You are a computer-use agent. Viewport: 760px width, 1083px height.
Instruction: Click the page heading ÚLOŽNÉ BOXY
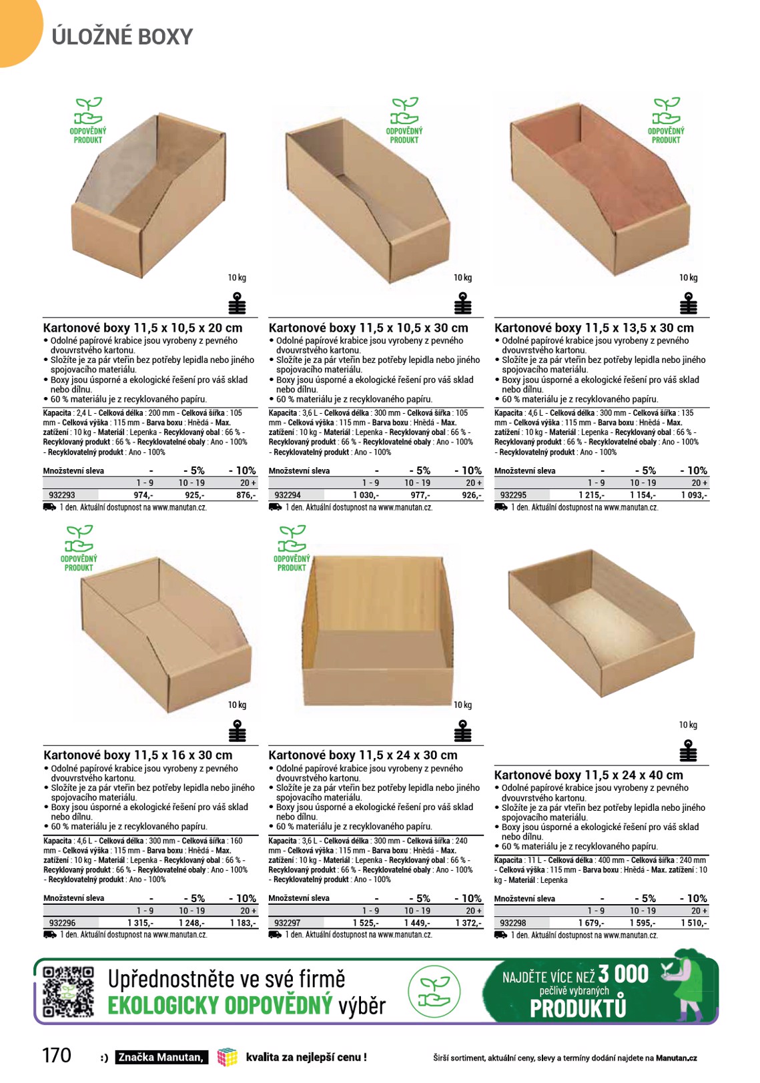point(122,37)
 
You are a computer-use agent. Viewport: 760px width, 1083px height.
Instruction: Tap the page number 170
point(57,1055)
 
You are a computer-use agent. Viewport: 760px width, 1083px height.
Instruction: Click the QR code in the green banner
point(68,991)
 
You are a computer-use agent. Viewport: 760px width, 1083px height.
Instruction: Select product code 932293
point(62,495)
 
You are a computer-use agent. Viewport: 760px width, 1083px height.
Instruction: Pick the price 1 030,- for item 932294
point(366,495)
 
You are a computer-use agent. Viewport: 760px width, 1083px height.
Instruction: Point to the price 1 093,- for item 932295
point(694,495)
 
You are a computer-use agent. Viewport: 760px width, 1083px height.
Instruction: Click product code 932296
point(62,923)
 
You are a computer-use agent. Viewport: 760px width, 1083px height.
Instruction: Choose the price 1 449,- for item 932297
point(417,923)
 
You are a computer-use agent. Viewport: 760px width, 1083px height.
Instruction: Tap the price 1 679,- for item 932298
point(591,923)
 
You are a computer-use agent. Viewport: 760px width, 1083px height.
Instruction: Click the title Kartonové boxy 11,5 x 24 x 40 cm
point(589,775)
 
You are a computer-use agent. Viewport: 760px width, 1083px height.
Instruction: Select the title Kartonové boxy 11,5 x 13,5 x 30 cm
point(594,328)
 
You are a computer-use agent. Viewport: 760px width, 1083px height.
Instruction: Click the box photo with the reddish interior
point(600,195)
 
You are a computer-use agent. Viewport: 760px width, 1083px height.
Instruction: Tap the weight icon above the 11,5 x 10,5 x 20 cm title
point(237,303)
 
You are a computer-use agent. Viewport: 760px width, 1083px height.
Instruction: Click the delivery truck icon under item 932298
point(500,935)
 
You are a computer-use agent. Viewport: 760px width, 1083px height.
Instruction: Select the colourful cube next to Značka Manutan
point(228,1057)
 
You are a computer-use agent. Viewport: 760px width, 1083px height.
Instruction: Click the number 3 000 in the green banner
point(623,974)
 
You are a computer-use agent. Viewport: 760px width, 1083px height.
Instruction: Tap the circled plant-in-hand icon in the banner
point(434,992)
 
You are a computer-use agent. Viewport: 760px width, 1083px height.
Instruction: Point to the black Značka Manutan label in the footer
point(161,1058)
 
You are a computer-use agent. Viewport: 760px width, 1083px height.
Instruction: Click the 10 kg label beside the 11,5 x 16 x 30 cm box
point(237,705)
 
